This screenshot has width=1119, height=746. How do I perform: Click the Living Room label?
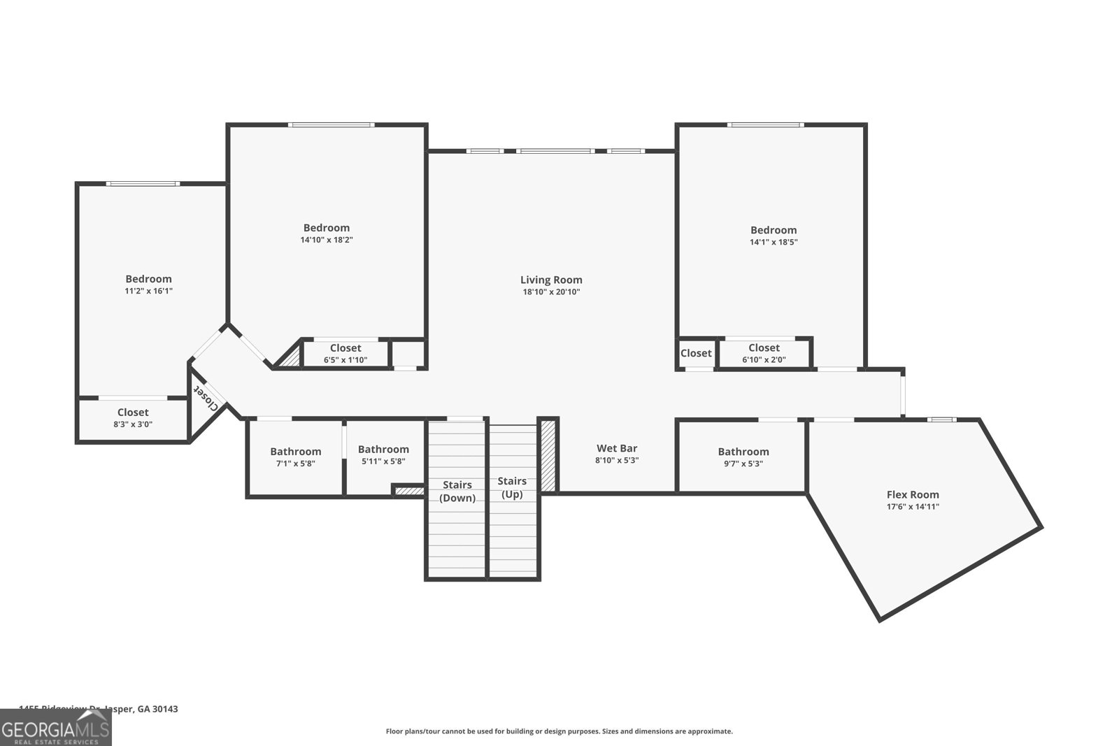pyautogui.click(x=551, y=280)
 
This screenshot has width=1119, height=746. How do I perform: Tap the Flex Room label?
pyautogui.click(x=913, y=494)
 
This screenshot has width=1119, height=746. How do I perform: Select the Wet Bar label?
pyautogui.click(x=616, y=448)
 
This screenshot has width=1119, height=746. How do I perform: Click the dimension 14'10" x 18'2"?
pyautogui.click(x=326, y=240)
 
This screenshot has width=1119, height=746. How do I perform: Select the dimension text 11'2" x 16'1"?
pyautogui.click(x=148, y=291)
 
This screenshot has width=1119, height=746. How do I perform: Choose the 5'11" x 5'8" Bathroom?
pyautogui.click(x=383, y=455)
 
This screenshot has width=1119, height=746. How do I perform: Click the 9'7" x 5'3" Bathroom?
pyautogui.click(x=743, y=457)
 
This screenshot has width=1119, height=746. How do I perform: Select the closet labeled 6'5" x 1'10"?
pyautogui.click(x=345, y=354)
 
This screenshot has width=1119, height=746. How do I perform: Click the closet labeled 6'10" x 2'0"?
pyautogui.click(x=764, y=353)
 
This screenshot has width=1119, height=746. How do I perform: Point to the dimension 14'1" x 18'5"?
pyautogui.click(x=774, y=242)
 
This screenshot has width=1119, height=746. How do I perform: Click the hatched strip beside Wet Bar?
pyautogui.click(x=548, y=455)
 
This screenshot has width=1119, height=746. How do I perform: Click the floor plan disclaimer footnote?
pyautogui.click(x=559, y=731)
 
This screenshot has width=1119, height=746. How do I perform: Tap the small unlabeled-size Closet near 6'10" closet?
pyautogui.click(x=696, y=353)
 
